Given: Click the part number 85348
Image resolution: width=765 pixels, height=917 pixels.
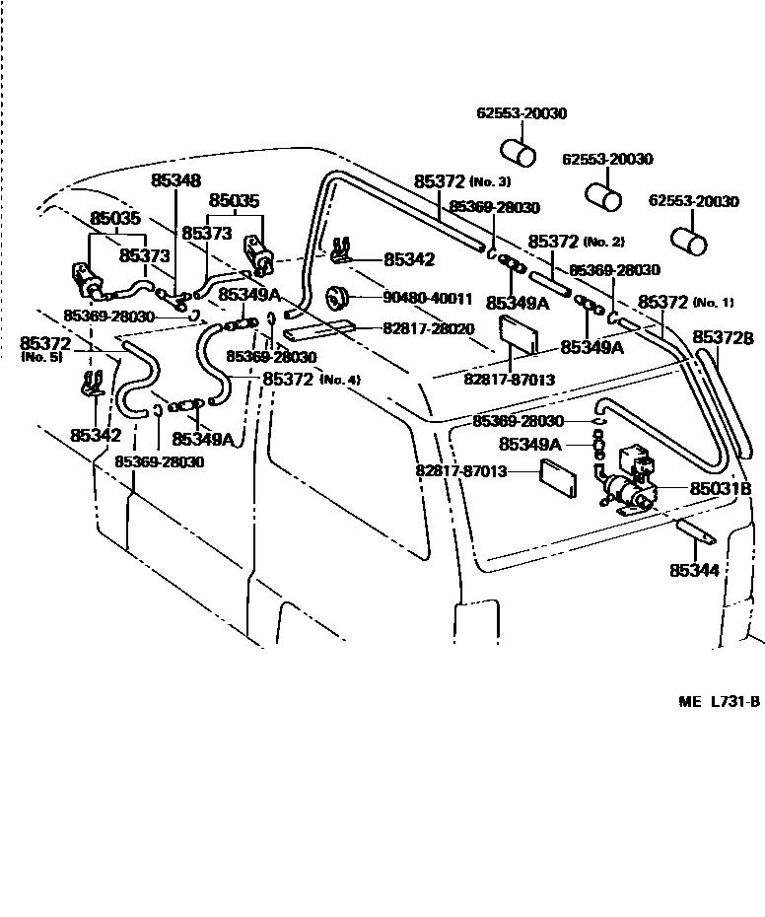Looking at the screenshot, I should [175, 181].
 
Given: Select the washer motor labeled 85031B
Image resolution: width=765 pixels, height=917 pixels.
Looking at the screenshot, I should [629, 483].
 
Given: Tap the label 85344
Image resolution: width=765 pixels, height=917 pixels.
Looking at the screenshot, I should [694, 571].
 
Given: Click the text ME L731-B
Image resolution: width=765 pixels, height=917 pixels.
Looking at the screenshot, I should [719, 702].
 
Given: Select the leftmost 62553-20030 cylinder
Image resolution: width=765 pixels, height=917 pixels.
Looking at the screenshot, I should [520, 153].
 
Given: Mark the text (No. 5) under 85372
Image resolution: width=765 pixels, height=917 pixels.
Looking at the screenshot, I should [41, 357].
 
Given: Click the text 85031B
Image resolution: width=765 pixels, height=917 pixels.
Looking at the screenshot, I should [720, 488].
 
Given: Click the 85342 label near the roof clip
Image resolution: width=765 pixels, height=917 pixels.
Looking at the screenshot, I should [409, 259].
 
